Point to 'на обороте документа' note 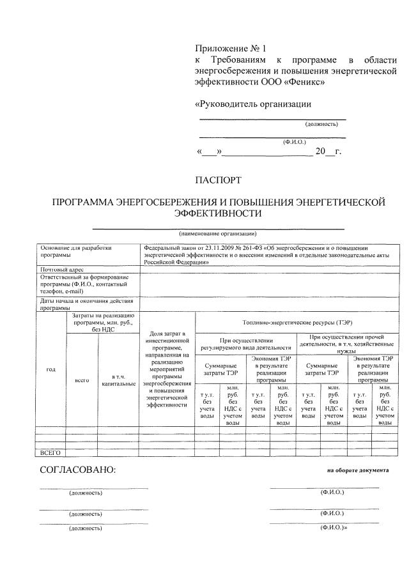coord(357,470)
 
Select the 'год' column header coord(50,369)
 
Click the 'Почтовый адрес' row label coord(62,270)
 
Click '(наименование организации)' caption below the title coord(218,234)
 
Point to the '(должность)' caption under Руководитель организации coord(321,124)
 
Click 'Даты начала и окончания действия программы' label coord(86,304)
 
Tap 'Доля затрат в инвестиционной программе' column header coord(166,369)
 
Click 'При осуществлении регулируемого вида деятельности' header coord(246,344)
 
